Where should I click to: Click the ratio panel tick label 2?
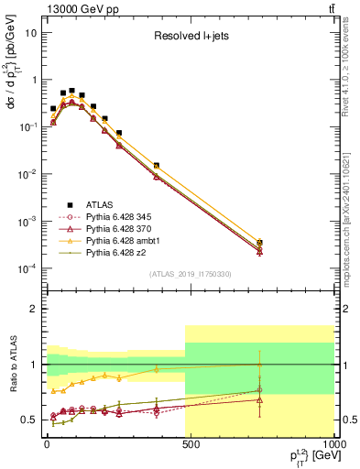pyautogui.click(x=34, y=309)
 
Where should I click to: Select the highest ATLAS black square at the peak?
pyautogui.click(x=72, y=92)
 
